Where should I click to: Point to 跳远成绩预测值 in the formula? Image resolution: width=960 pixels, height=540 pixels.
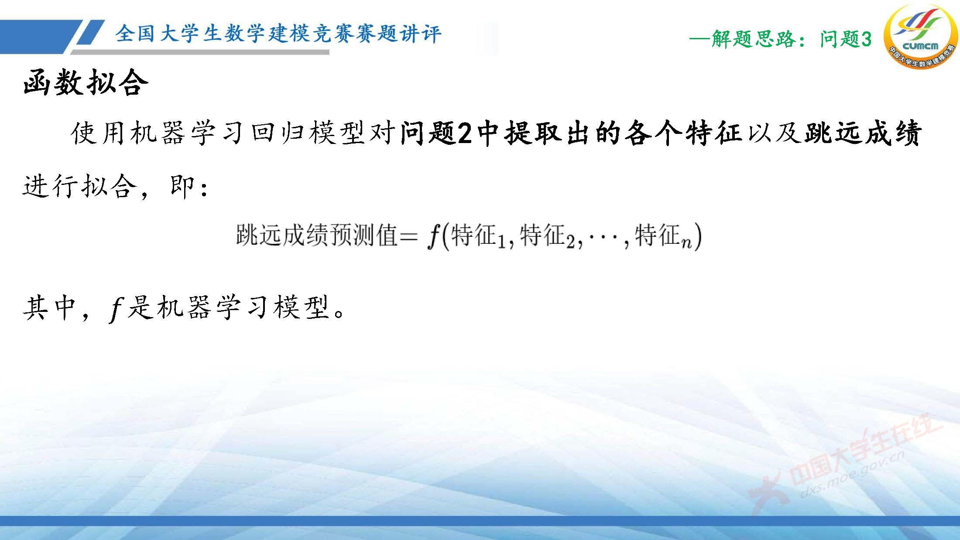tap(316, 236)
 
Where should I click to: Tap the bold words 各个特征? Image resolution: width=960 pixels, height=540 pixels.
tap(683, 133)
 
